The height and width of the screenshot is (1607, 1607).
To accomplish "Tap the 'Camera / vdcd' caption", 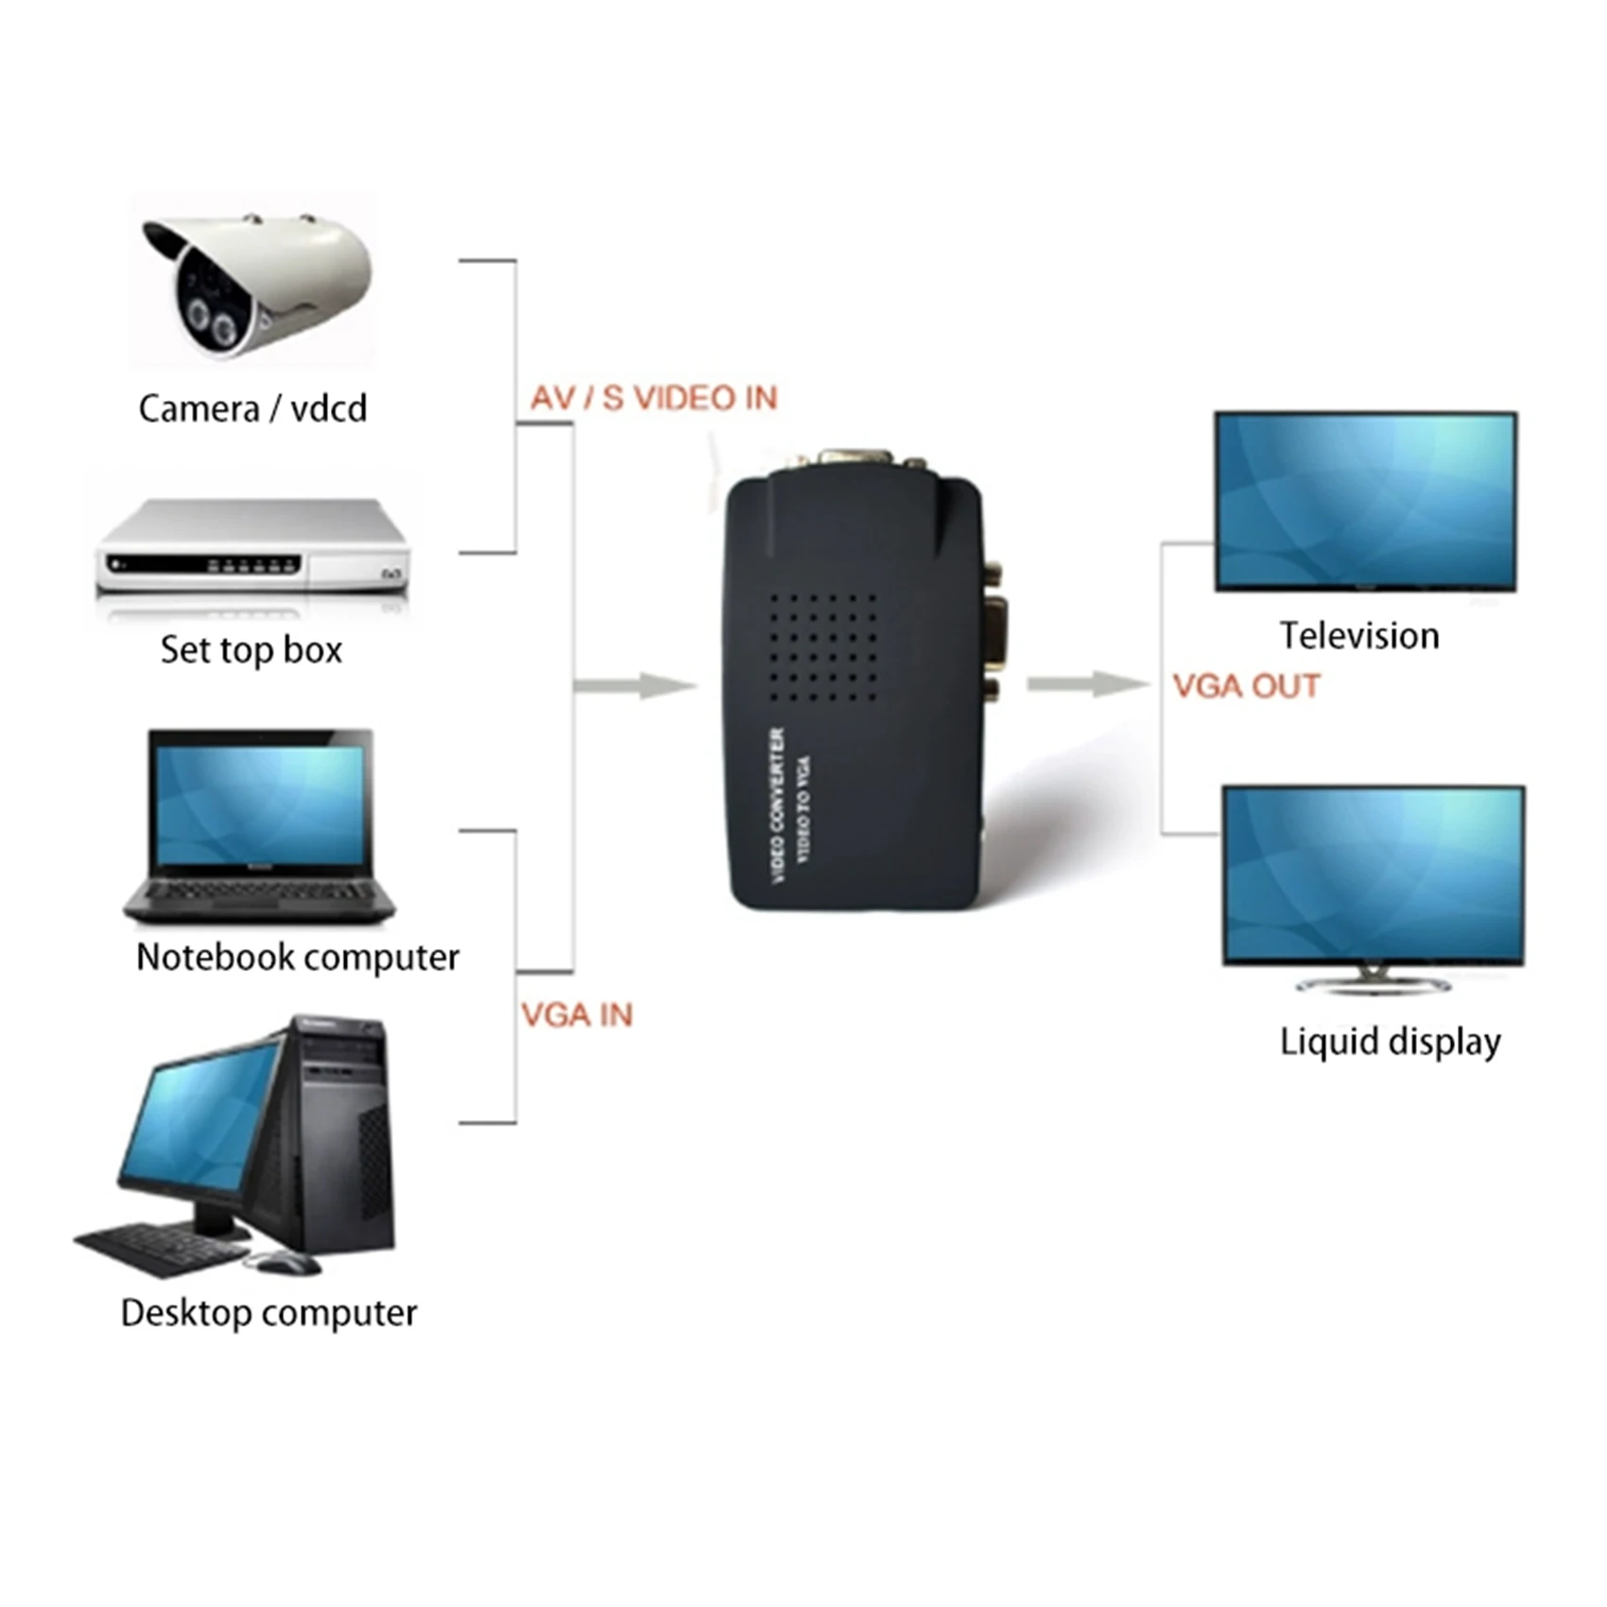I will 252,409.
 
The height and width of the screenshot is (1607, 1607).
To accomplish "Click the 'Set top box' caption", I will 251,650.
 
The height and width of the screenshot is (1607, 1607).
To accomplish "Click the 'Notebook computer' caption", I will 297,958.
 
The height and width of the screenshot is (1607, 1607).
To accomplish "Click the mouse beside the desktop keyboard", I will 283,1261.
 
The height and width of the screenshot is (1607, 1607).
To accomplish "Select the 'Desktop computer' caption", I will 268,1313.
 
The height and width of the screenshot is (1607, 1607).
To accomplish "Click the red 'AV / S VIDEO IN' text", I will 653,398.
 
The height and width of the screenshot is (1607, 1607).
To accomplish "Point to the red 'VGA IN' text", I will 577,1015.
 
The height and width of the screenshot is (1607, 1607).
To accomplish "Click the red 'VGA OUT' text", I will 1246,686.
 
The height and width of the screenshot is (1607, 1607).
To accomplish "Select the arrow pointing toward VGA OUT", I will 1087,683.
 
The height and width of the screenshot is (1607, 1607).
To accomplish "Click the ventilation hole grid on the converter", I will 822,648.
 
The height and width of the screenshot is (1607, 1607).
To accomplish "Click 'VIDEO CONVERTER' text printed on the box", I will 778,805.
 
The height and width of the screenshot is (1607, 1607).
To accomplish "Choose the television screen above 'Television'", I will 1365,501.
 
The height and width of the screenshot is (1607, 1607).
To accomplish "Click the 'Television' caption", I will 1359,636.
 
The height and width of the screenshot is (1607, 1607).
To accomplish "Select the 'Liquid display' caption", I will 1390,1042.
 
